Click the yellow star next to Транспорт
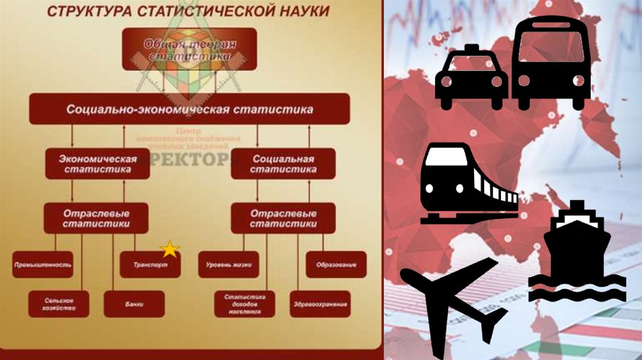[169, 250]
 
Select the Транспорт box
[149, 265]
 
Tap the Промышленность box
[43, 265]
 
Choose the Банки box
[134, 304]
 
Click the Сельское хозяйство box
[60, 304]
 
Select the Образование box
[335, 265]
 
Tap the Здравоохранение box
[319, 304]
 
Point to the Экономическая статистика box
[98, 164]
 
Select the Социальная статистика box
[283, 164]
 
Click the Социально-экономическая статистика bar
[189, 109]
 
